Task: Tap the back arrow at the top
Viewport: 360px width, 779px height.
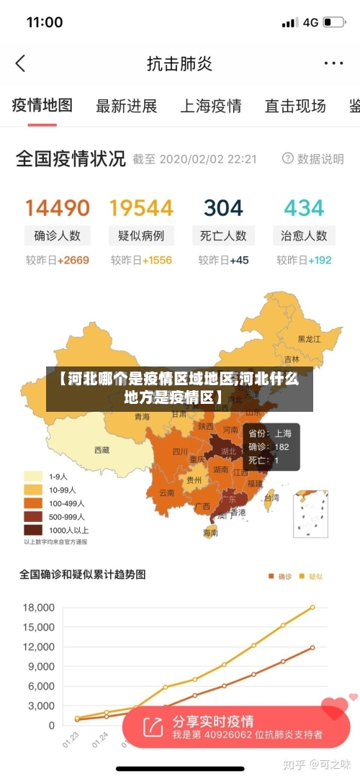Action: (x=20, y=63)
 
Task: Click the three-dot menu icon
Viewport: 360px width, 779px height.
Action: (x=333, y=63)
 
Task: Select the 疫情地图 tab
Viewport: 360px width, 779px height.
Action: (x=42, y=105)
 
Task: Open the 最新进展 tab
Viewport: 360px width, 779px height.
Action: (x=126, y=106)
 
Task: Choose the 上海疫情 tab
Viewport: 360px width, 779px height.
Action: (x=210, y=106)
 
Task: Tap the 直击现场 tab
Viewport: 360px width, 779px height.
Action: (x=294, y=106)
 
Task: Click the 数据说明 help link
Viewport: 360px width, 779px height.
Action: (x=313, y=159)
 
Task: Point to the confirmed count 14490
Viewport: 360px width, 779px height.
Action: (x=58, y=208)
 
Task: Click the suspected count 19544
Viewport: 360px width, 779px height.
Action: (x=141, y=208)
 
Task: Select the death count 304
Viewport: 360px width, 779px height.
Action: (x=223, y=208)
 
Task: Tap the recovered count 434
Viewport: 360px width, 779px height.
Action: (x=304, y=208)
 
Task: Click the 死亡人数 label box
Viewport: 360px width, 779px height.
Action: (x=223, y=235)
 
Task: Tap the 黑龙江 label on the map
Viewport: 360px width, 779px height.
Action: (x=310, y=338)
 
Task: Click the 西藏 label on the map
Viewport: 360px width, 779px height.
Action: (x=102, y=450)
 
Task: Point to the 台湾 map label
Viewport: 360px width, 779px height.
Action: (x=271, y=497)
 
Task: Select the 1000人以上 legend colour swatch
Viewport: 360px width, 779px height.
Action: (x=33, y=529)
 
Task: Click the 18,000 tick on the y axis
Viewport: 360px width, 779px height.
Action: (x=39, y=608)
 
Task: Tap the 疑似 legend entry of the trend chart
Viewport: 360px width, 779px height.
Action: (x=312, y=576)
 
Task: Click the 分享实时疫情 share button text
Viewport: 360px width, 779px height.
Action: (x=212, y=721)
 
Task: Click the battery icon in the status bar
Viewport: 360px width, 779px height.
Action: (x=333, y=22)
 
